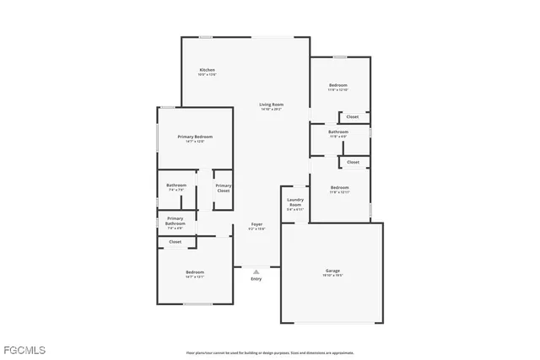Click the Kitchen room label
(x=207, y=69)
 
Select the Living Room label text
(x=271, y=105)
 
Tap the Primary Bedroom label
(x=195, y=137)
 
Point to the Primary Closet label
(x=223, y=188)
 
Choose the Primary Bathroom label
(x=175, y=221)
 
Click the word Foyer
(x=256, y=224)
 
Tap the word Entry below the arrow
(x=256, y=279)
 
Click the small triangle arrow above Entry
(x=256, y=271)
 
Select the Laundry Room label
(x=294, y=202)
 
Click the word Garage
(x=333, y=271)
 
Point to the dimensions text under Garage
(x=333, y=276)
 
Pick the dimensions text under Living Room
(x=271, y=110)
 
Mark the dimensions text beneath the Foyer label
(x=256, y=229)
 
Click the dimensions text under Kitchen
(x=207, y=75)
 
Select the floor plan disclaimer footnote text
(x=270, y=352)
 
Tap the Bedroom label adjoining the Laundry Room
(x=339, y=187)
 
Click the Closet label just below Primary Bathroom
(x=175, y=242)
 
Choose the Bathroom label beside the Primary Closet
(x=176, y=185)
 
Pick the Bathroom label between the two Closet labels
(x=338, y=132)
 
